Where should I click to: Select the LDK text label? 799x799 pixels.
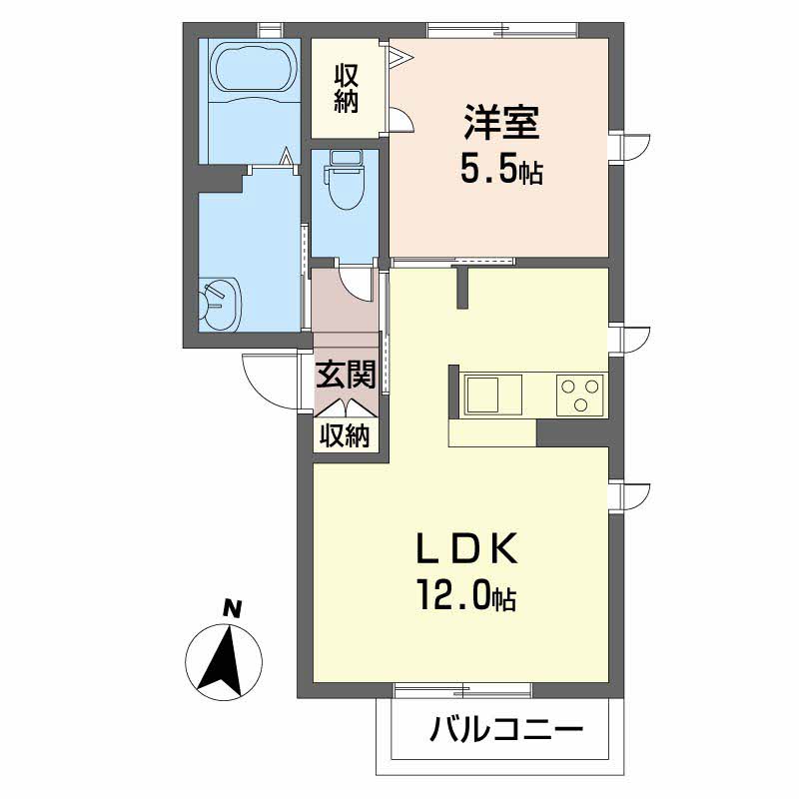465,550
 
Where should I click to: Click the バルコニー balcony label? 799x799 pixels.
506,731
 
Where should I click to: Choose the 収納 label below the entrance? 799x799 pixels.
346,435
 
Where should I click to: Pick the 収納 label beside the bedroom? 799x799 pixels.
346,88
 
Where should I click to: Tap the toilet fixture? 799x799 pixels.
345,185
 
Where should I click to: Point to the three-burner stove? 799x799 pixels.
580,395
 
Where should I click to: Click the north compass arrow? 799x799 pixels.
225,659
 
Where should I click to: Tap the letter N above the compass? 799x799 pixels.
231,606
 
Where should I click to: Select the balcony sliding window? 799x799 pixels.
462,689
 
